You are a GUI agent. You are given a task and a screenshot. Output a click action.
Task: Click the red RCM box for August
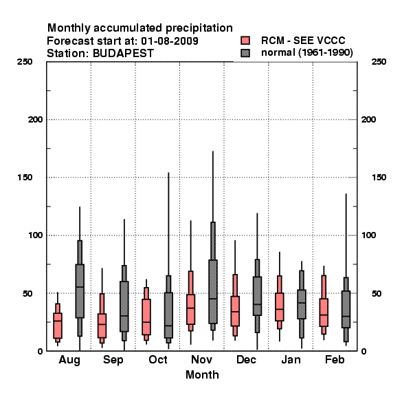pos(58,326)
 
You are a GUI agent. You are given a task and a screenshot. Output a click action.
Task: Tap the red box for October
pos(146,317)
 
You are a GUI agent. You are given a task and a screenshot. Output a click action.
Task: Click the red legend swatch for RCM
pos(245,41)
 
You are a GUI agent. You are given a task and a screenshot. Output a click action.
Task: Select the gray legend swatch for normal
pos(245,53)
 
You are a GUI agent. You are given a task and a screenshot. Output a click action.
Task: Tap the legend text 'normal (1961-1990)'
pos(306,53)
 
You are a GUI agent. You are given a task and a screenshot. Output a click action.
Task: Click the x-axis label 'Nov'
pos(201,359)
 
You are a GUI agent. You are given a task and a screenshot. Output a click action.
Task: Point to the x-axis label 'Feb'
pos(335,359)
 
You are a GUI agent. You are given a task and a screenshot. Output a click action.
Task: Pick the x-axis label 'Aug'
pos(69,360)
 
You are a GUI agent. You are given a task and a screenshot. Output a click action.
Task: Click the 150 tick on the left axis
pos(25,178)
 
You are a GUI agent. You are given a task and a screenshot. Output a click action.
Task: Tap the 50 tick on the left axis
pos(27,293)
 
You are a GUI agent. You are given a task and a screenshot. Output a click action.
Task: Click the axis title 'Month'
pos(202,375)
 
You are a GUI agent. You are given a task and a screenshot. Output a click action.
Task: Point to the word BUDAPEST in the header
pos(123,54)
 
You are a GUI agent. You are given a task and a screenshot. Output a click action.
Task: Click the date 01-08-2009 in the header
pos(170,41)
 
